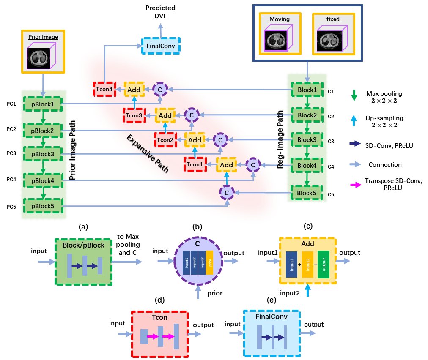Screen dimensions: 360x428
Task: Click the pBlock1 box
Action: tap(42, 104)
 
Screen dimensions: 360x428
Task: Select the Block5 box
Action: tap(307, 193)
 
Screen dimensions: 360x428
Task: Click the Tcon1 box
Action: tap(195, 164)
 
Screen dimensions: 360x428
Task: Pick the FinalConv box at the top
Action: tap(161, 46)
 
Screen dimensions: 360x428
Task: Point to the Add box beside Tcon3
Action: tap(165, 115)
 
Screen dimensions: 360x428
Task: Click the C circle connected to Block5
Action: tap(227, 193)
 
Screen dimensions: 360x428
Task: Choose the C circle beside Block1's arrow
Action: tap(160, 89)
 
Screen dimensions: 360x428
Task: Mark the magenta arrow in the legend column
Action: tap(356, 185)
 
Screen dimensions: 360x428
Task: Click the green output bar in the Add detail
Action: tap(324, 264)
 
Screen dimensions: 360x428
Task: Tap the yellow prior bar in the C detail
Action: tap(209, 262)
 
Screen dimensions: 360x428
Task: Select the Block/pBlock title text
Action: tap(83, 245)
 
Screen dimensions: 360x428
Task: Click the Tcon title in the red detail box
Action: tap(159, 317)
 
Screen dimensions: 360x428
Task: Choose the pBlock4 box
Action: tap(42, 180)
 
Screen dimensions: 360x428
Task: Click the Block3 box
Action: tap(307, 140)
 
